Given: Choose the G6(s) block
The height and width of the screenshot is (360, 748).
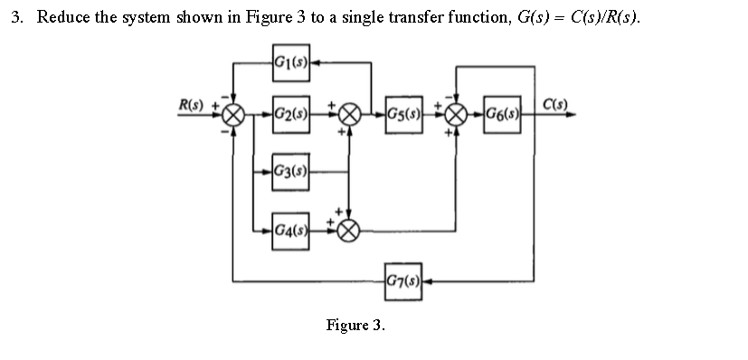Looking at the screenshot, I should pyautogui.click(x=501, y=114).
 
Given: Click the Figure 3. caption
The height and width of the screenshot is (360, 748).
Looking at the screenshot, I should pyautogui.click(x=355, y=325).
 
